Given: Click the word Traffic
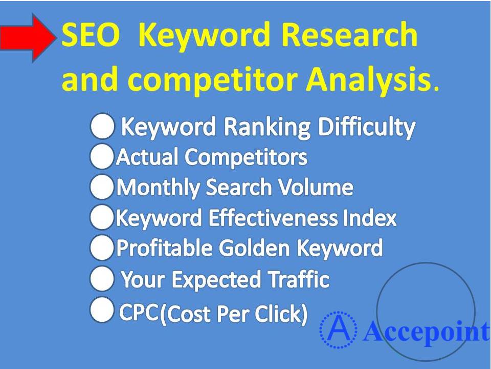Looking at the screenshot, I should point(299,280).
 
